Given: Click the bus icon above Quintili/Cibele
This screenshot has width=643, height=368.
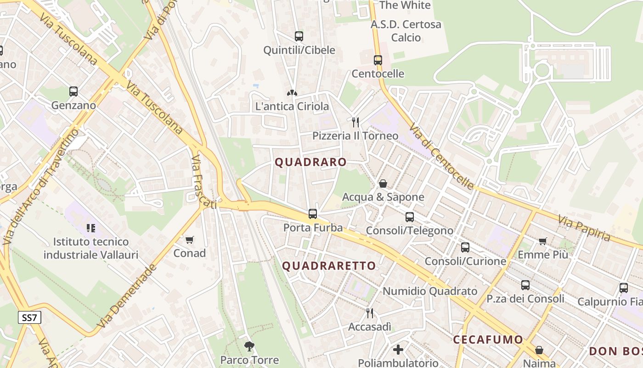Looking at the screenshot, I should click(299, 36).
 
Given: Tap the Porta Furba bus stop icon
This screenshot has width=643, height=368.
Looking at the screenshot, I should click(313, 213).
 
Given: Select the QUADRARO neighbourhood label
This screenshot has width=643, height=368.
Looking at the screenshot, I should click(310, 162).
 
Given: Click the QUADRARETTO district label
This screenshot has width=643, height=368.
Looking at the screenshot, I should click(329, 266).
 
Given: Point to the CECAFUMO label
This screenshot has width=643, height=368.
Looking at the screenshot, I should click(488, 340).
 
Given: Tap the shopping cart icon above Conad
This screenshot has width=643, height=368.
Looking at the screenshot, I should click(189, 240).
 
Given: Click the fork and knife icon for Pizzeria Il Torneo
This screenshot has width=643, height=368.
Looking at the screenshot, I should click(355, 122).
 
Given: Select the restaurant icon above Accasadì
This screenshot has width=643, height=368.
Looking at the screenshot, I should click(370, 313).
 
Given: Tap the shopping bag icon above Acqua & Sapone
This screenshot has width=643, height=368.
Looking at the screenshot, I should click(383, 184).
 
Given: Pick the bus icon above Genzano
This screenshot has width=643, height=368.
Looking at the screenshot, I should click(73, 91).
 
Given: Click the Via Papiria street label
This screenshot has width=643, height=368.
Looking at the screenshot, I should click(584, 229).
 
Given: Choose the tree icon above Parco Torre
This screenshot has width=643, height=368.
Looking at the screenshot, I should click(249, 346).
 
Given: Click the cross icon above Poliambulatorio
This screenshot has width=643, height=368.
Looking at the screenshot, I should click(398, 350).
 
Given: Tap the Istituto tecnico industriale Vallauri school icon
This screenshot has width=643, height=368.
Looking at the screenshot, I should click(90, 228).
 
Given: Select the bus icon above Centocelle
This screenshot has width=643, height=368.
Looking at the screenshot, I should click(378, 60).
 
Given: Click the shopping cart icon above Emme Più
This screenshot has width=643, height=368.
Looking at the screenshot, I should click(543, 241).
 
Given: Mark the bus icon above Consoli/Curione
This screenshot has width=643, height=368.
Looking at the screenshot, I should click(465, 247).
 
